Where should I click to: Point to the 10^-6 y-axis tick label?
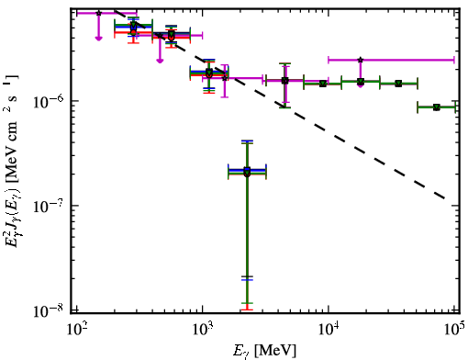point(49,101)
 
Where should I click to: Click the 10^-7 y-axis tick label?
point(49,206)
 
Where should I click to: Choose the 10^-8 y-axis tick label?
point(49,311)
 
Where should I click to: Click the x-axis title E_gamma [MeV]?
point(264,351)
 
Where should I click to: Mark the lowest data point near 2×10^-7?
point(247,172)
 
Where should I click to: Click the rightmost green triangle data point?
point(437,107)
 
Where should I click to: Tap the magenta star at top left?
point(98,13)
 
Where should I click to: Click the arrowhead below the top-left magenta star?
point(98,38)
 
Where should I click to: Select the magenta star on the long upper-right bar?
point(361,60)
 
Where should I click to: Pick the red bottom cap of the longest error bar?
point(247,309)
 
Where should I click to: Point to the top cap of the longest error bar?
point(247,141)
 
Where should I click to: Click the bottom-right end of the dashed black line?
point(444,197)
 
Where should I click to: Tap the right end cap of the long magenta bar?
point(454,60)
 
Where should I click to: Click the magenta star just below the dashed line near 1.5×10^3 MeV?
point(225,78)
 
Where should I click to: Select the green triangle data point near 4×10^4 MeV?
point(398,84)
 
